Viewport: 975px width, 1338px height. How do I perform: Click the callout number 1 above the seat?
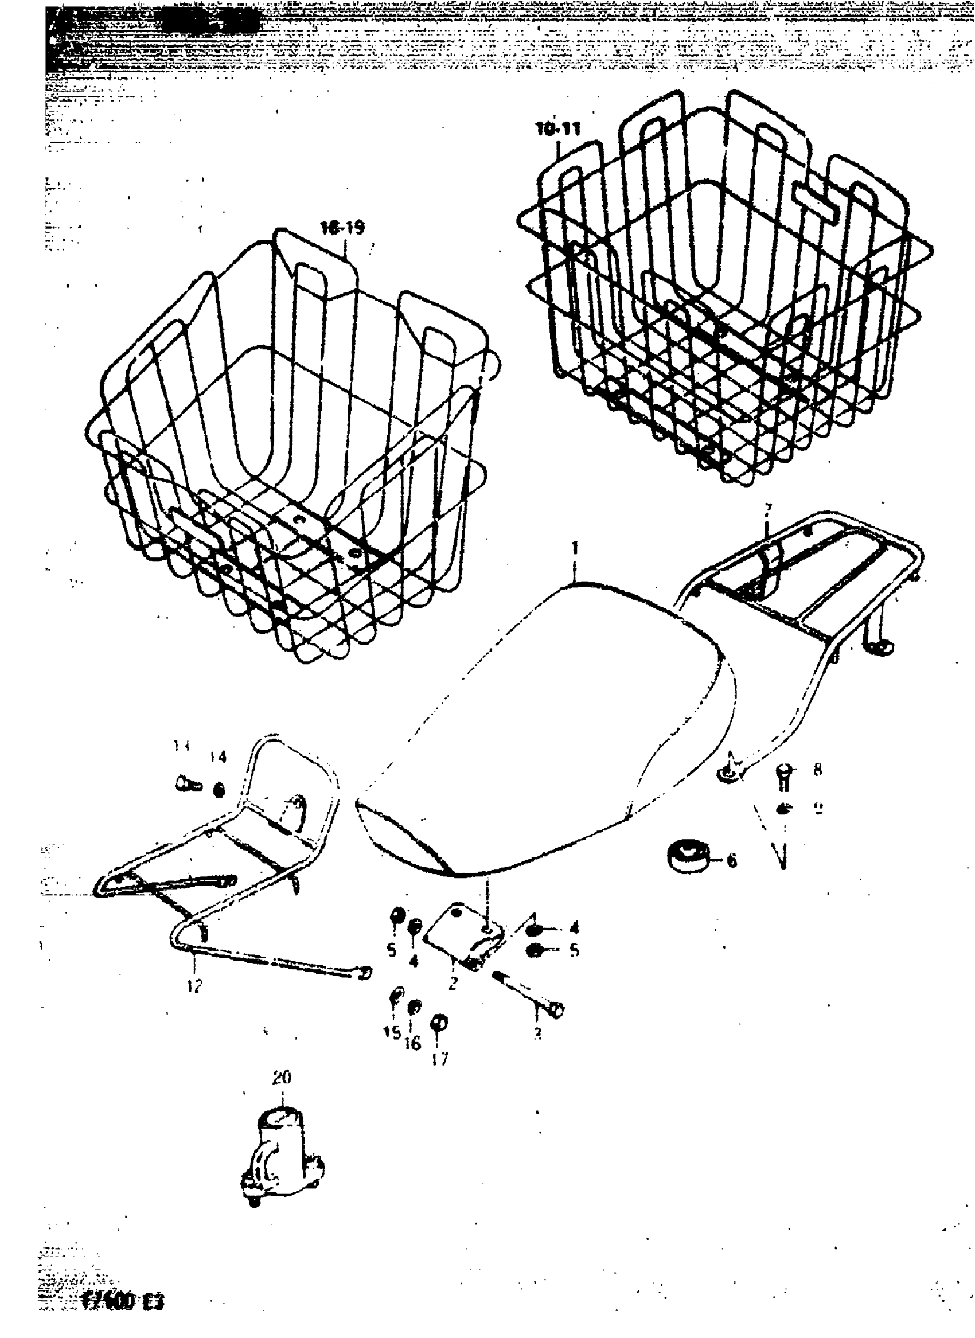click(575, 549)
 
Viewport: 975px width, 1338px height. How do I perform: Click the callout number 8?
click(817, 770)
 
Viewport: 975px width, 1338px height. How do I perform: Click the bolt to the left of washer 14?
click(188, 785)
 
